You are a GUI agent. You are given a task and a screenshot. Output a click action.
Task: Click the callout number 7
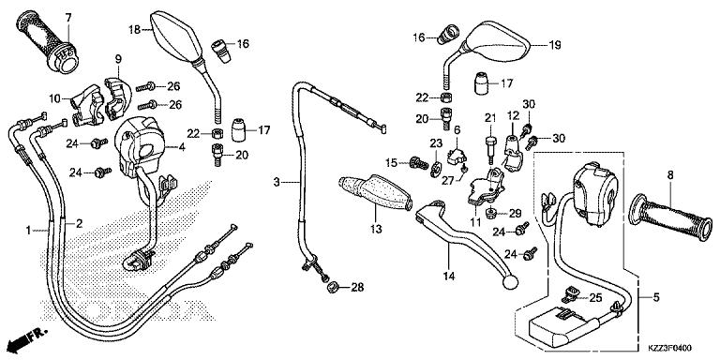click(68, 17)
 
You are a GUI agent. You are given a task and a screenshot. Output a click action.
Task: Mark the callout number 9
click(119, 59)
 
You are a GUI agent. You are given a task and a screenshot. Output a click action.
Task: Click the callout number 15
click(392, 162)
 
